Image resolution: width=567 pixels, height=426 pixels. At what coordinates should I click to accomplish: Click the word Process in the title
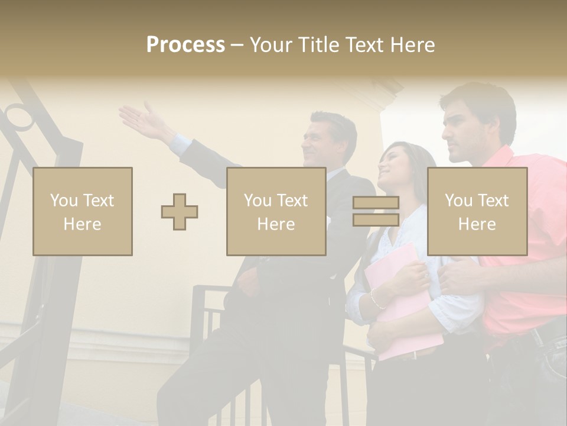(x=185, y=44)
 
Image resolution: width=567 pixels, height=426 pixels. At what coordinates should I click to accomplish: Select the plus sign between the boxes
(x=180, y=211)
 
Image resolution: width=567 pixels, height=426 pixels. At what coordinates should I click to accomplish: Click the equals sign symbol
(x=376, y=211)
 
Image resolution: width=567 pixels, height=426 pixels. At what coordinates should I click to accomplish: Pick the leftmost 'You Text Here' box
(x=83, y=211)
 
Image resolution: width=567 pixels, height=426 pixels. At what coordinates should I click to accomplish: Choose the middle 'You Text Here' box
(x=276, y=211)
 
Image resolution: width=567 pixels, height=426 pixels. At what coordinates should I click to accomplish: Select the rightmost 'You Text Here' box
(x=477, y=211)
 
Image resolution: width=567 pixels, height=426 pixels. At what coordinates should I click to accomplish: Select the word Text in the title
(x=364, y=44)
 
